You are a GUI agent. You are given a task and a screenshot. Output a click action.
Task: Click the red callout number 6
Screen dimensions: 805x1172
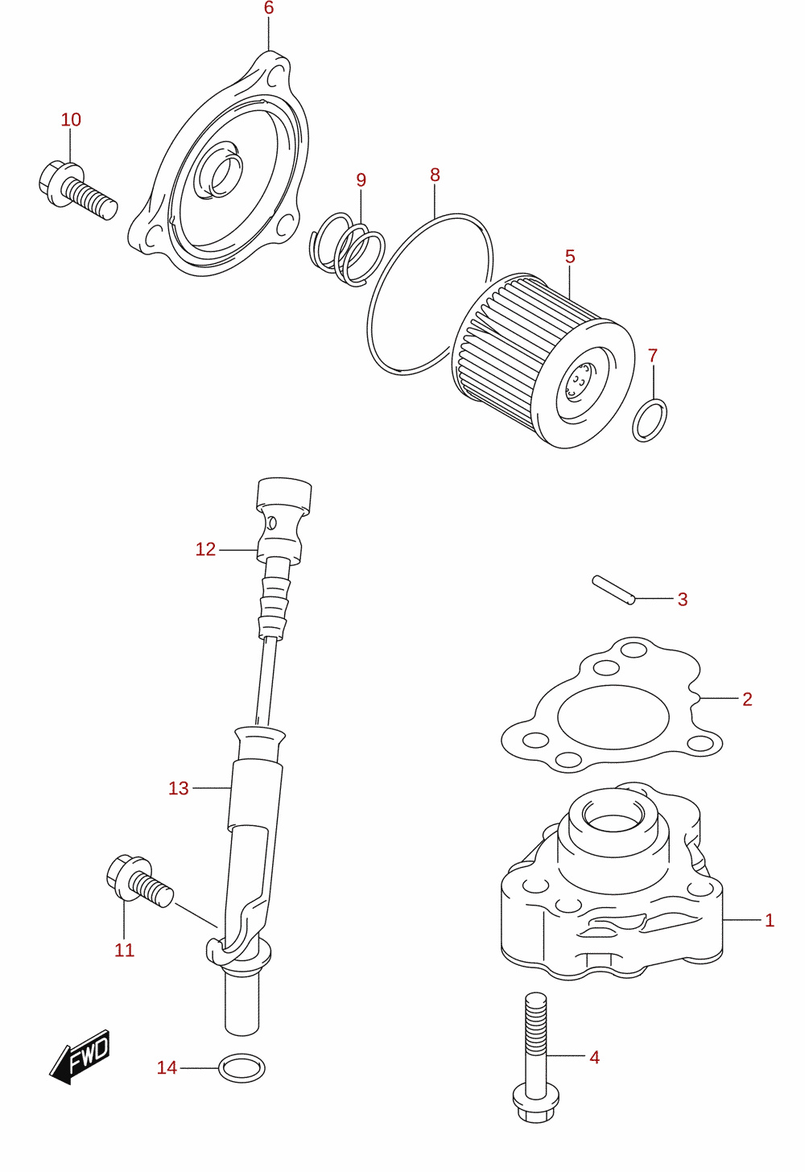[269, 8]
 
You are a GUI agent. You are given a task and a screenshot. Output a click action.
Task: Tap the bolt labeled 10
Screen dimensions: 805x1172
[77, 191]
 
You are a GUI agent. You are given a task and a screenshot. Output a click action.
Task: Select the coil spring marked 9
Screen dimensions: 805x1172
[346, 250]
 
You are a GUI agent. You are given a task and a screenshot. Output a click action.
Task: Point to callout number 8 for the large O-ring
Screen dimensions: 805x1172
[435, 175]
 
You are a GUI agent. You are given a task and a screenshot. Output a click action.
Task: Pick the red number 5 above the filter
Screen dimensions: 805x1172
[570, 256]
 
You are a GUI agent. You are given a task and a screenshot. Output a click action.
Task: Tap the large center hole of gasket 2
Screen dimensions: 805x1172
[613, 717]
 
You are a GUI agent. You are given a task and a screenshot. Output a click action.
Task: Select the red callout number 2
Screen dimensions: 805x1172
[747, 699]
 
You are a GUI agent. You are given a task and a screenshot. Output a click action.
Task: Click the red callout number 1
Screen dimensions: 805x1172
[769, 920]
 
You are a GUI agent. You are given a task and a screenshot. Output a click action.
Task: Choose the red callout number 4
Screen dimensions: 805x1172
[594, 1057]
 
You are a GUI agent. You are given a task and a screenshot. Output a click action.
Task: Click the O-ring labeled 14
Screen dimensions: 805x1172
[242, 1068]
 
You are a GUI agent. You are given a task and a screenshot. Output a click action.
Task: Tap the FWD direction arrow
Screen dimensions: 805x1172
[80, 1056]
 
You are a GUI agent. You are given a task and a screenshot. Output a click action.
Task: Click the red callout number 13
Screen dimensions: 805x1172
[179, 788]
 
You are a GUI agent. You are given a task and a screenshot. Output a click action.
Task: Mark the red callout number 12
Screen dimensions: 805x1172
[205, 549]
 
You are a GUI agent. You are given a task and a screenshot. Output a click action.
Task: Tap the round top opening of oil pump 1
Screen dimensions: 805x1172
[613, 821]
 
